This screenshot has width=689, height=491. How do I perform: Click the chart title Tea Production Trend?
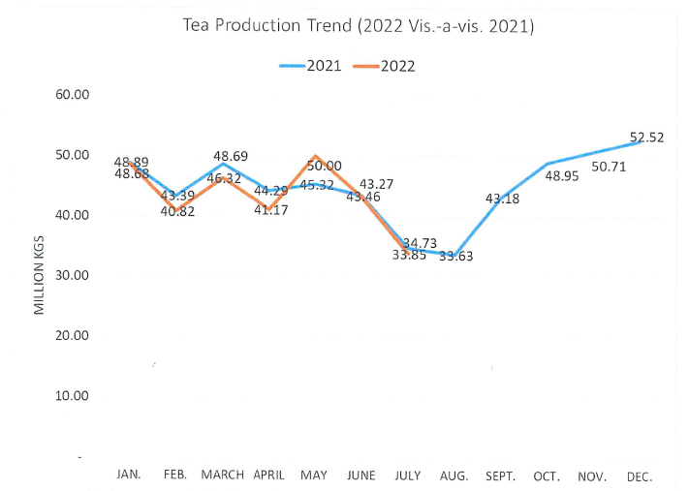tap(359, 25)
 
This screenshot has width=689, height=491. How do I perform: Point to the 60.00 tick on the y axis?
tap(70, 95)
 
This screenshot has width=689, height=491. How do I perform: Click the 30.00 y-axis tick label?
tap(70, 275)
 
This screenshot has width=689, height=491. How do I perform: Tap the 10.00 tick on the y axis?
tap(70, 395)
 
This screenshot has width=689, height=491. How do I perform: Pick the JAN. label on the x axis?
tap(129, 475)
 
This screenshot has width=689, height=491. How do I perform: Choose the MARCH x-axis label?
tap(222, 475)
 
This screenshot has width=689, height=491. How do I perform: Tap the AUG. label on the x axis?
tap(454, 476)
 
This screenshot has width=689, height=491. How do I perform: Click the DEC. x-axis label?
tap(640, 476)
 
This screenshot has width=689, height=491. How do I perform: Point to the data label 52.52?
tap(645, 138)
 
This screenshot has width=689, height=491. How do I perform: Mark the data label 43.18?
tap(502, 199)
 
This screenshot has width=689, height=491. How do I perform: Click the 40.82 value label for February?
tap(176, 211)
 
